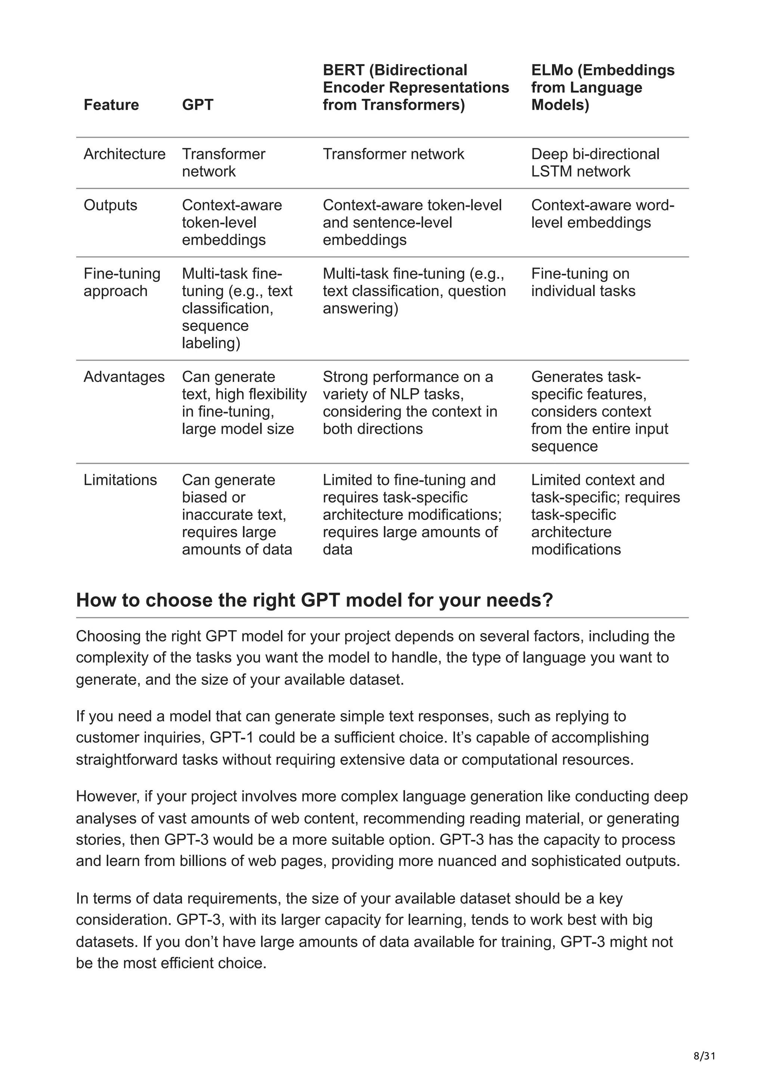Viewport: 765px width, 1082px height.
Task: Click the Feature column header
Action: click(x=111, y=105)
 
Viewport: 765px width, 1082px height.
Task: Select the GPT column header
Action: click(x=198, y=105)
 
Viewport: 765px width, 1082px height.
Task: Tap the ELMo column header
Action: click(x=603, y=87)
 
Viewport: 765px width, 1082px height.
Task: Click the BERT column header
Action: click(x=416, y=87)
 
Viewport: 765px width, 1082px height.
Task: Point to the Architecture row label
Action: click(x=124, y=154)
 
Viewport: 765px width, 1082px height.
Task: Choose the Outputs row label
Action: click(x=110, y=205)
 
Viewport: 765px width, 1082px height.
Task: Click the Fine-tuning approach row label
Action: click(x=122, y=282)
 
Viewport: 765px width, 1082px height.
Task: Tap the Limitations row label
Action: click(x=120, y=480)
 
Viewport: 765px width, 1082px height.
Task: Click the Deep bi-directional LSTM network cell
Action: click(x=595, y=162)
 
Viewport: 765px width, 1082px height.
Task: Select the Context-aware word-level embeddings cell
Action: click(x=603, y=214)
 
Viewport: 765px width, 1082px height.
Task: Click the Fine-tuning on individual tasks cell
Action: click(x=583, y=282)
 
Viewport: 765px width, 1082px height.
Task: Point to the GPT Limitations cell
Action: click(x=237, y=514)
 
